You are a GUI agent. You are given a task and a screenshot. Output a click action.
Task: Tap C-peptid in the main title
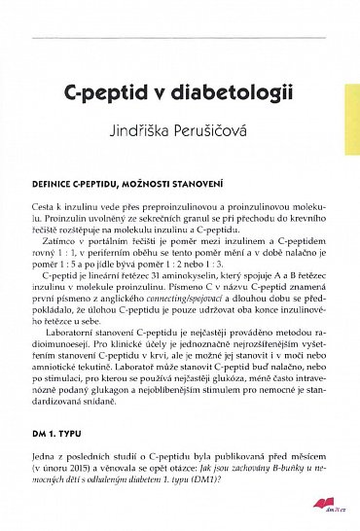[105, 96]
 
